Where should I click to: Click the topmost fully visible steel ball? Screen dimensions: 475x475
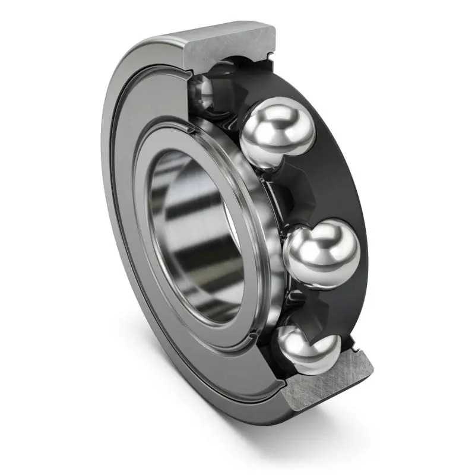pos(276,135)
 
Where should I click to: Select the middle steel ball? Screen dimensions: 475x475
pos(323,254)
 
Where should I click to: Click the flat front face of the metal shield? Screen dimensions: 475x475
pos(128,237)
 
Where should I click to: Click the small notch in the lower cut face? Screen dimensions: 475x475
pos(356,344)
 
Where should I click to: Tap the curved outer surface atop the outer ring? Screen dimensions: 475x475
pos(178,36)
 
